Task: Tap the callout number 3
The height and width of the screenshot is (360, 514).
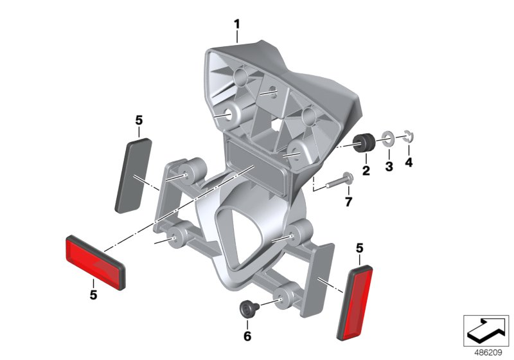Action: click(387, 166)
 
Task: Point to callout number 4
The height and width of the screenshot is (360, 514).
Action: click(409, 162)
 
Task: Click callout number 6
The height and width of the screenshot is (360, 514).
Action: click(247, 336)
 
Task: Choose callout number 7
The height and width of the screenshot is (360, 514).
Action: click(349, 203)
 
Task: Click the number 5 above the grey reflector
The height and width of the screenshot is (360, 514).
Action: click(139, 120)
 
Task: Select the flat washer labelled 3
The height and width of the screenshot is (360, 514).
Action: click(388, 138)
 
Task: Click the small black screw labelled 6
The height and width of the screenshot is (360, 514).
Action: click(247, 309)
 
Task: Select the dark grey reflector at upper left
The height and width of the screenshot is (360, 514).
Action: click(133, 174)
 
